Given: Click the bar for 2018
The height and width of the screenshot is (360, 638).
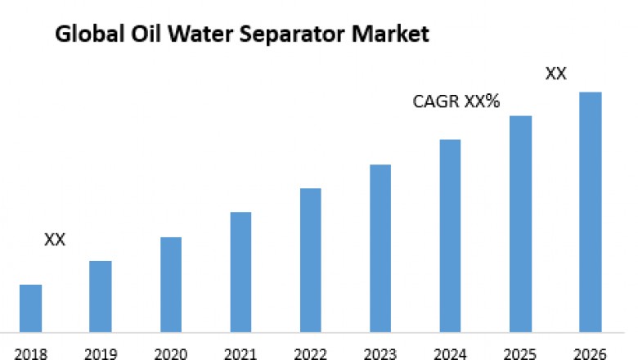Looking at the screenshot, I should point(30,308).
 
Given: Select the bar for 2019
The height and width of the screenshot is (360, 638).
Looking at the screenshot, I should point(101,296).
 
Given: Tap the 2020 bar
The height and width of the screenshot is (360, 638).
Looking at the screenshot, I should point(170,285).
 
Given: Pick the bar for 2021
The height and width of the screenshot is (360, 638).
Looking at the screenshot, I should point(240,272).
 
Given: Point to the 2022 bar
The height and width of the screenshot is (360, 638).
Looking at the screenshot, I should point(310,260).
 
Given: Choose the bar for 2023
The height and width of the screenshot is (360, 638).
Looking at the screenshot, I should point(380,248).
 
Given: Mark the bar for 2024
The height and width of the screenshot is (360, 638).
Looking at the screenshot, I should point(450,236).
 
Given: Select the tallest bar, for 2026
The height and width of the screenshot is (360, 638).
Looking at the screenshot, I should point(591,212).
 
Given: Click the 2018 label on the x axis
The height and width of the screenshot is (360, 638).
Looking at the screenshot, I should point(30,353).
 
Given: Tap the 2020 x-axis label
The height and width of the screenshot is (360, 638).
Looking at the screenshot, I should point(170,353).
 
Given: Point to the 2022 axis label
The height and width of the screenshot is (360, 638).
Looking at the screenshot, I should point(310,353).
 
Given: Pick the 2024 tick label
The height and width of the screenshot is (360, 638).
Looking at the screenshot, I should point(450,353).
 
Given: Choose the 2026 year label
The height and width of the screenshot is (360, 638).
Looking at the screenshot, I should point(591,353).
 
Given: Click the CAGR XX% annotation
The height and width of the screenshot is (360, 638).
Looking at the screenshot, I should point(456,103).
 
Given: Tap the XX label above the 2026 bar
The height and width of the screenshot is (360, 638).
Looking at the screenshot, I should point(556,74).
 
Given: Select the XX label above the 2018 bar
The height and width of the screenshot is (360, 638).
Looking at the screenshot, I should point(54,240).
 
